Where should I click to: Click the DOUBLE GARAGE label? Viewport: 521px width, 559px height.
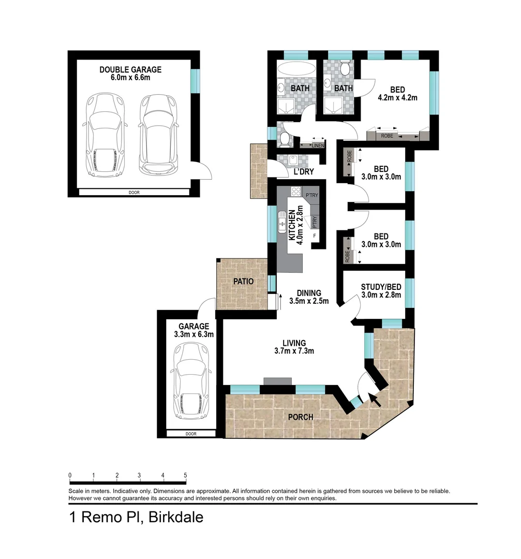pos(130,69)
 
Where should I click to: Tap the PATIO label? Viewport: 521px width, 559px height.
pos(243,281)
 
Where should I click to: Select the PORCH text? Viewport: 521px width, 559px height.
pos(301,417)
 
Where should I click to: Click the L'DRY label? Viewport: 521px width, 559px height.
pos(304,171)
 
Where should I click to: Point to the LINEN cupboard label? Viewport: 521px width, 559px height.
pos(318,145)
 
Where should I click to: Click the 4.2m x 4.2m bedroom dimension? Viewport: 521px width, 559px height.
pos(397,97)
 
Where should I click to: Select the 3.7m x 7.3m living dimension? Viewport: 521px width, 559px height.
pos(294,351)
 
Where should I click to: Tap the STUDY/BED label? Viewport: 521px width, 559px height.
pos(381,287)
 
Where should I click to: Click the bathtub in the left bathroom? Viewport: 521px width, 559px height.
pos(296,69)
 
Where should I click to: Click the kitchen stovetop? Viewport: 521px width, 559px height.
pos(296,192)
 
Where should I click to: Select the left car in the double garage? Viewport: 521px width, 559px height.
pos(105,135)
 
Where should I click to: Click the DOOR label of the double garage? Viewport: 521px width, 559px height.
pos(134,193)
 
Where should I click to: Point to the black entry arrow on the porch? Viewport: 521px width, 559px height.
pos(375,399)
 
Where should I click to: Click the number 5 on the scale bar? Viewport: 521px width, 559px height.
pos(185,475)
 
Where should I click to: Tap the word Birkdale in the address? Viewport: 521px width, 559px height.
pos(176,517)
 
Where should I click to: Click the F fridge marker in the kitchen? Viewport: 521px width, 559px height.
pos(315,236)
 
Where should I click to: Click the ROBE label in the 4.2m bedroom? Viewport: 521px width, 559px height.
pos(387,136)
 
